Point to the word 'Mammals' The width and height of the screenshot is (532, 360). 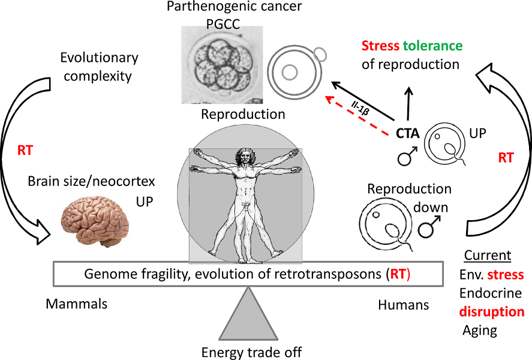click(76, 304)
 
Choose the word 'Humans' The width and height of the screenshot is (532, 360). click(403, 305)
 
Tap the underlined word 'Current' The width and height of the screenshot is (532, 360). click(488, 256)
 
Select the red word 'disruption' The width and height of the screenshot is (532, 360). click(491, 312)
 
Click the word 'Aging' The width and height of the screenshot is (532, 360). click(480, 330)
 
